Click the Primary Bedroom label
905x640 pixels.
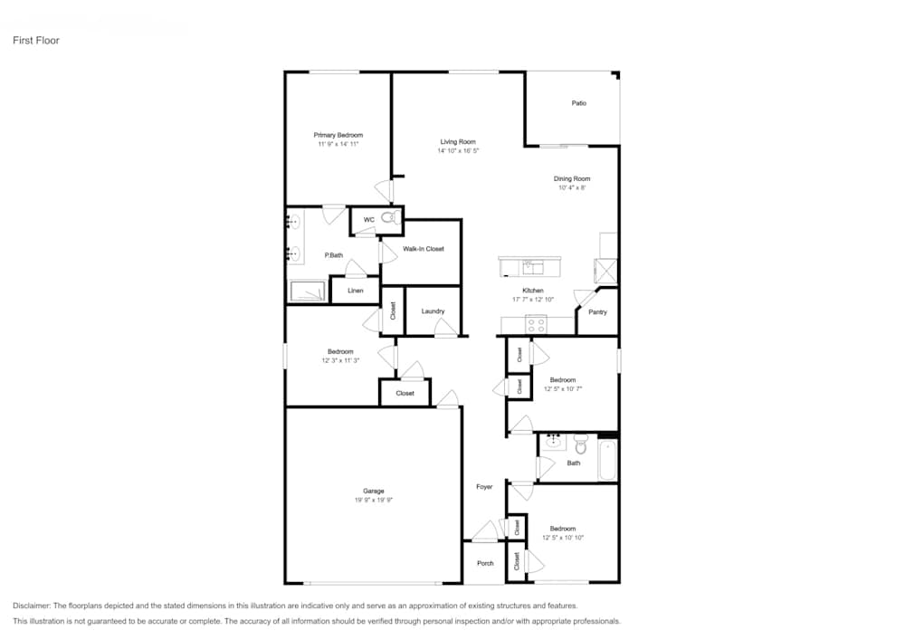click(338, 135)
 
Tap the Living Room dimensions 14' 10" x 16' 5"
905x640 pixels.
click(458, 151)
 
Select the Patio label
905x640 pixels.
click(578, 103)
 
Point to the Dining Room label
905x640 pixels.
click(572, 178)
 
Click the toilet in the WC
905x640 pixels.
click(390, 218)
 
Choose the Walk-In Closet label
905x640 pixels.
click(424, 249)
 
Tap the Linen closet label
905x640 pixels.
click(355, 291)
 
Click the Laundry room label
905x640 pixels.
click(433, 311)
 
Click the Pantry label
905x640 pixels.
click(597, 312)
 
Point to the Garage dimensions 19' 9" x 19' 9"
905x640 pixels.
click(373, 501)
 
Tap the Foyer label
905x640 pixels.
click(484, 487)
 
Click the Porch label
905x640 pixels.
click(485, 563)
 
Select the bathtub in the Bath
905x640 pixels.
click(607, 460)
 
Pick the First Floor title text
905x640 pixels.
click(36, 41)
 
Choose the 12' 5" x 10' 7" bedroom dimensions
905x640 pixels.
click(562, 389)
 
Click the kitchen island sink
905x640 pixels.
click(531, 266)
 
